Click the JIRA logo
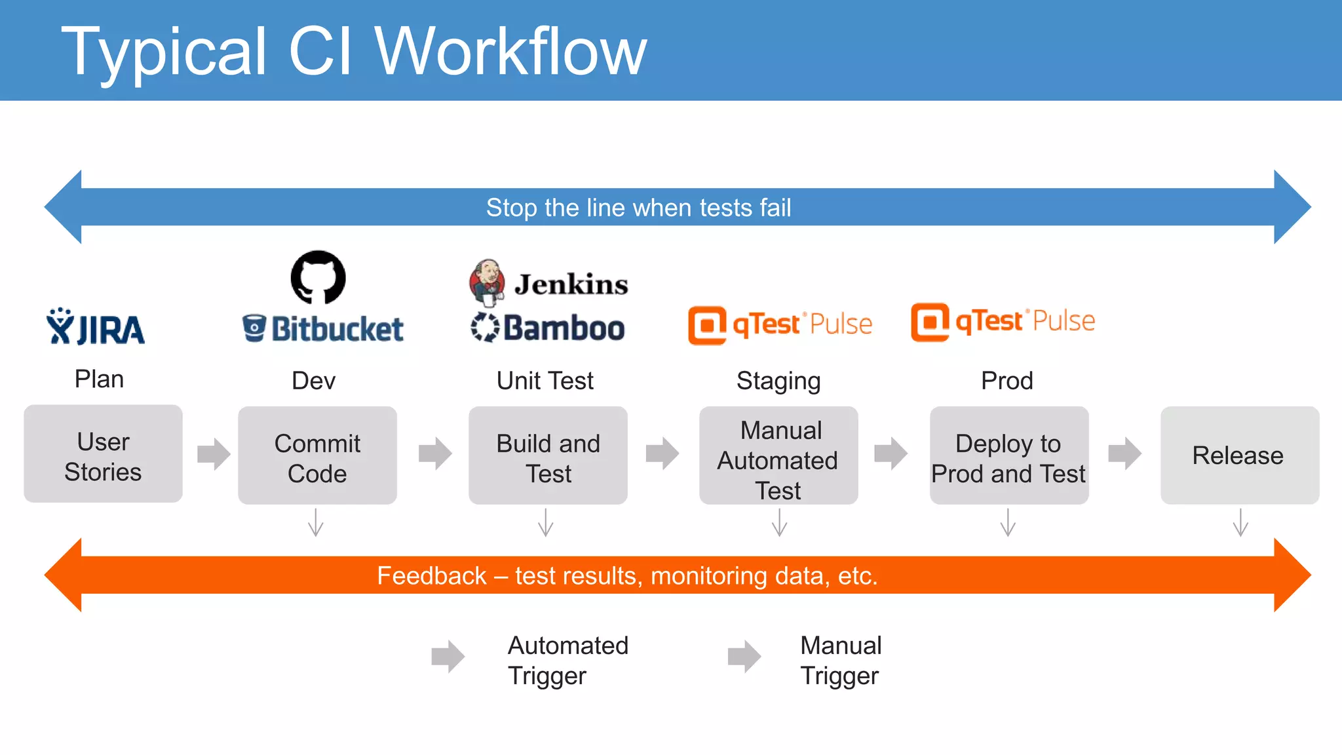tap(96, 327)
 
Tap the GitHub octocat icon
tap(318, 277)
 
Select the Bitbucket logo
tap(322, 328)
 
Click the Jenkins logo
tap(548, 283)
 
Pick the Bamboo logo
tap(548, 327)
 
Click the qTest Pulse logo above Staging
tap(780, 324)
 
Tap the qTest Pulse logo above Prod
tap(1003, 322)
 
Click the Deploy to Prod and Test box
tap(1008, 457)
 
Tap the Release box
tap(1239, 455)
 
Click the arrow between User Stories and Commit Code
tap(214, 454)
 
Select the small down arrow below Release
tap(1240, 523)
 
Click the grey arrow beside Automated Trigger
tap(448, 656)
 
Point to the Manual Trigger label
tap(841, 660)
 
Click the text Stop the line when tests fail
tap(638, 208)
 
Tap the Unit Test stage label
tap(545, 381)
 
